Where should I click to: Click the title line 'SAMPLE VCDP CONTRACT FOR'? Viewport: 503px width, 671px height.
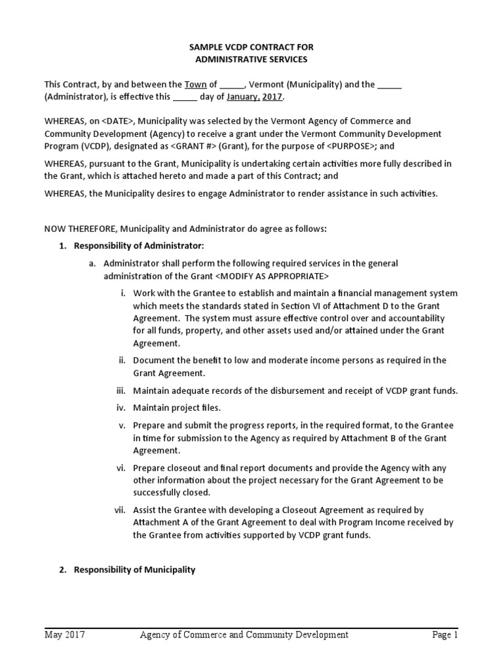(252, 47)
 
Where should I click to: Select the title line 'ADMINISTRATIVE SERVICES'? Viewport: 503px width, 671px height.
(252, 60)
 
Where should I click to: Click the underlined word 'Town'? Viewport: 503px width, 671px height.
(195, 85)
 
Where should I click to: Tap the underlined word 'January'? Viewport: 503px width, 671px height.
(243, 97)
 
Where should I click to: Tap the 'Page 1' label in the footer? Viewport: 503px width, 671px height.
(444, 635)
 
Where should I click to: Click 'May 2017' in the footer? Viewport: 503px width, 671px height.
(64, 635)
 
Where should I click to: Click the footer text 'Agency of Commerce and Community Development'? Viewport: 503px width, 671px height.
(244, 635)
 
